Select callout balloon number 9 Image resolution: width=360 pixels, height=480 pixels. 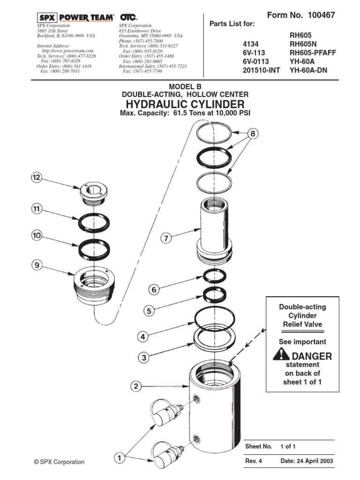click(37, 265)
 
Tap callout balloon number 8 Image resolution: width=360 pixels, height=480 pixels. click(253, 134)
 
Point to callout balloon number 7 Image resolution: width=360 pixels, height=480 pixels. click(165, 238)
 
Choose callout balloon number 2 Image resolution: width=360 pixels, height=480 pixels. click(135, 387)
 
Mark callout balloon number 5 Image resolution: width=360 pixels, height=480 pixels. click(148, 310)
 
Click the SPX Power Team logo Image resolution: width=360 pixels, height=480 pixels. click(75, 17)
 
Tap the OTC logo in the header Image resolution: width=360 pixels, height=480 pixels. click(127, 17)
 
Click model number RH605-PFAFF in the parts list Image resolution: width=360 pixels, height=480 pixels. click(313, 52)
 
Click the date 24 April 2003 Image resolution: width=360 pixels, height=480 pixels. click(307, 461)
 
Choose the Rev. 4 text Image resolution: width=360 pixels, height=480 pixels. click(254, 461)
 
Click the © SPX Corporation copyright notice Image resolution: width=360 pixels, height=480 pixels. click(59, 462)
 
